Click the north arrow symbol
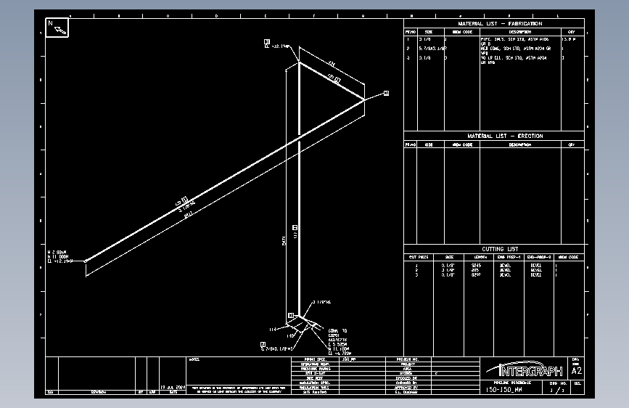pos(57,28)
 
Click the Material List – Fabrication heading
pos(494,24)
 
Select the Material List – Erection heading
pos(494,136)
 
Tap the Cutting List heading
pos(494,249)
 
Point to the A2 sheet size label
pos(577,370)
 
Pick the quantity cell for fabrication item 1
pos(572,39)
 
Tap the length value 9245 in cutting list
pos(476,266)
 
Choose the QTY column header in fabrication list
pos(572,32)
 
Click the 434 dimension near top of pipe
pos(331,63)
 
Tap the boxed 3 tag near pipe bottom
pos(291,316)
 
